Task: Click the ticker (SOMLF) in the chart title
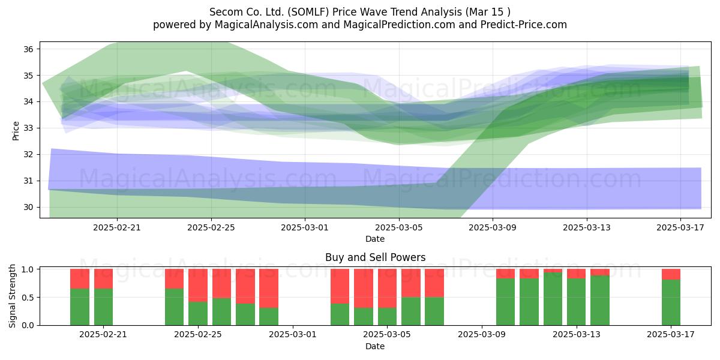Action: (308, 12)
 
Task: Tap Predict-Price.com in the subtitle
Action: (524, 25)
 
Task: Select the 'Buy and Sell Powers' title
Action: (375, 257)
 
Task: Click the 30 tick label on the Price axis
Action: (28, 208)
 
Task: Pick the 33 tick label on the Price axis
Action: (28, 128)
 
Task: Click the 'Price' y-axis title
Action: (16, 131)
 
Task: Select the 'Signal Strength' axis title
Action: (12, 296)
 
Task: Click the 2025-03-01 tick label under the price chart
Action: (305, 227)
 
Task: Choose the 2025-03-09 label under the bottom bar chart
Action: (481, 335)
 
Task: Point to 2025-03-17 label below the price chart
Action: (680, 227)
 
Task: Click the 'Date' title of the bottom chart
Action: (375, 346)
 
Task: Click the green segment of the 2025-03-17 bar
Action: (671, 302)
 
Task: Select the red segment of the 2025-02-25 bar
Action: (198, 286)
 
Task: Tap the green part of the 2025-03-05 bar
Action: (387, 317)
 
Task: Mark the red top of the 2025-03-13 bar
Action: (576, 274)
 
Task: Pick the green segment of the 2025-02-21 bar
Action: (103, 307)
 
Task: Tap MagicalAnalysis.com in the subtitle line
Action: (266, 25)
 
